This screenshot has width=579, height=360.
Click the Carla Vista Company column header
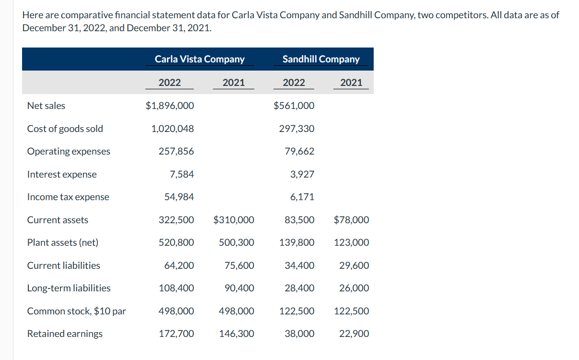point(200,59)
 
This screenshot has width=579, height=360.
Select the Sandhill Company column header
point(321,59)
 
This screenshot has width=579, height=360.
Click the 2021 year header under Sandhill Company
point(351,83)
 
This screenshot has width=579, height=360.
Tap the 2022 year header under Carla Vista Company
point(170,83)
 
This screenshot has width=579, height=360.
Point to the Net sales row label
point(46,106)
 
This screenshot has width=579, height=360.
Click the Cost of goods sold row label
point(65,129)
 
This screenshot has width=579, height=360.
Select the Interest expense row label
point(62,174)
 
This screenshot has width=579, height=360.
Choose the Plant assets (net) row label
point(62,242)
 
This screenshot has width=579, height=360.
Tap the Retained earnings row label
point(65,334)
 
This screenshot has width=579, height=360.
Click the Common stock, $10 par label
point(76,311)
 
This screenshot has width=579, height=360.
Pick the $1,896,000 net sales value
point(170,106)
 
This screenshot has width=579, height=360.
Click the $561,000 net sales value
point(294,106)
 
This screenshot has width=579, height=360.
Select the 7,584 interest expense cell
point(182,174)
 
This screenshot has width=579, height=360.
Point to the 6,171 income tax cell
point(302,197)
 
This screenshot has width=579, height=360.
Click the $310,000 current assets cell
point(234,220)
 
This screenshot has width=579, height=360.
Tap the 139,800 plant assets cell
point(297,242)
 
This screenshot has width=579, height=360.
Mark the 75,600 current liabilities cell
point(239,265)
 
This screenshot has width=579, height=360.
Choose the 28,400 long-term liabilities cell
point(299,288)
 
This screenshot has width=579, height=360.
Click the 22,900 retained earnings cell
point(354,334)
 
